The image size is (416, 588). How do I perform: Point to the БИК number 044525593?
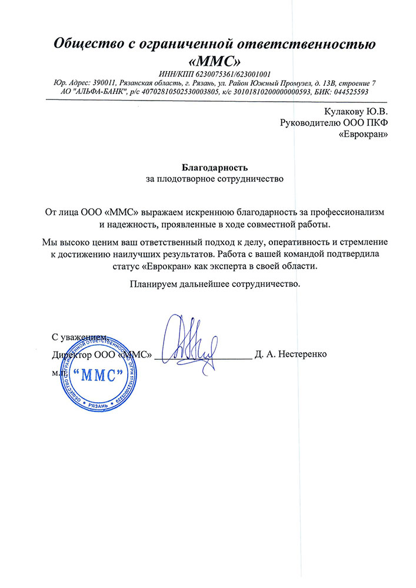[348, 92]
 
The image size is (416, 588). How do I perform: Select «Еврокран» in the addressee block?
[364, 134]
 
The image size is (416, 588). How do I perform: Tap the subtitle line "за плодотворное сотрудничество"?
[214, 178]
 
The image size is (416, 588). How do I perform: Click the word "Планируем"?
[153, 283]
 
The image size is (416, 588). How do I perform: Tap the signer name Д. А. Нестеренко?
[291, 355]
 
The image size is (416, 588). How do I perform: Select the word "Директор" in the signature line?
[72, 355]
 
